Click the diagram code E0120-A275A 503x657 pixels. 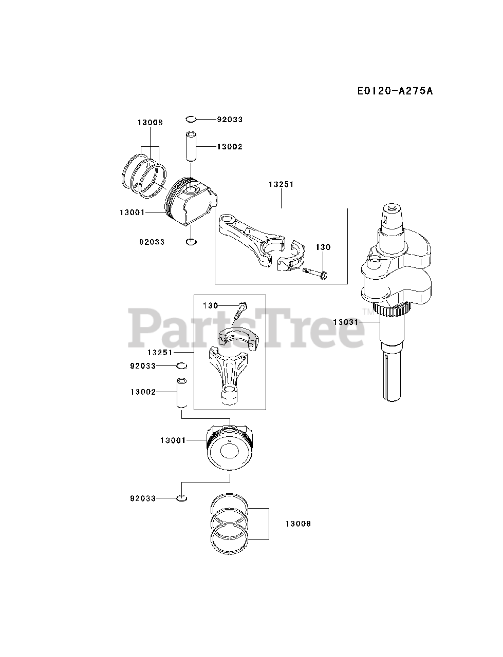[395, 91]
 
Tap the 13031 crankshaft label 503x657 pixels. [345, 322]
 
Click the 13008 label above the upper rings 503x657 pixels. [150, 123]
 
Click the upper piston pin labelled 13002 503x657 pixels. [191, 146]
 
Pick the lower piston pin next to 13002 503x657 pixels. [181, 393]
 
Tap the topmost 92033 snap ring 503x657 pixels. [191, 120]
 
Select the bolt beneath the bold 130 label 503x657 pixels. [314, 273]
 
